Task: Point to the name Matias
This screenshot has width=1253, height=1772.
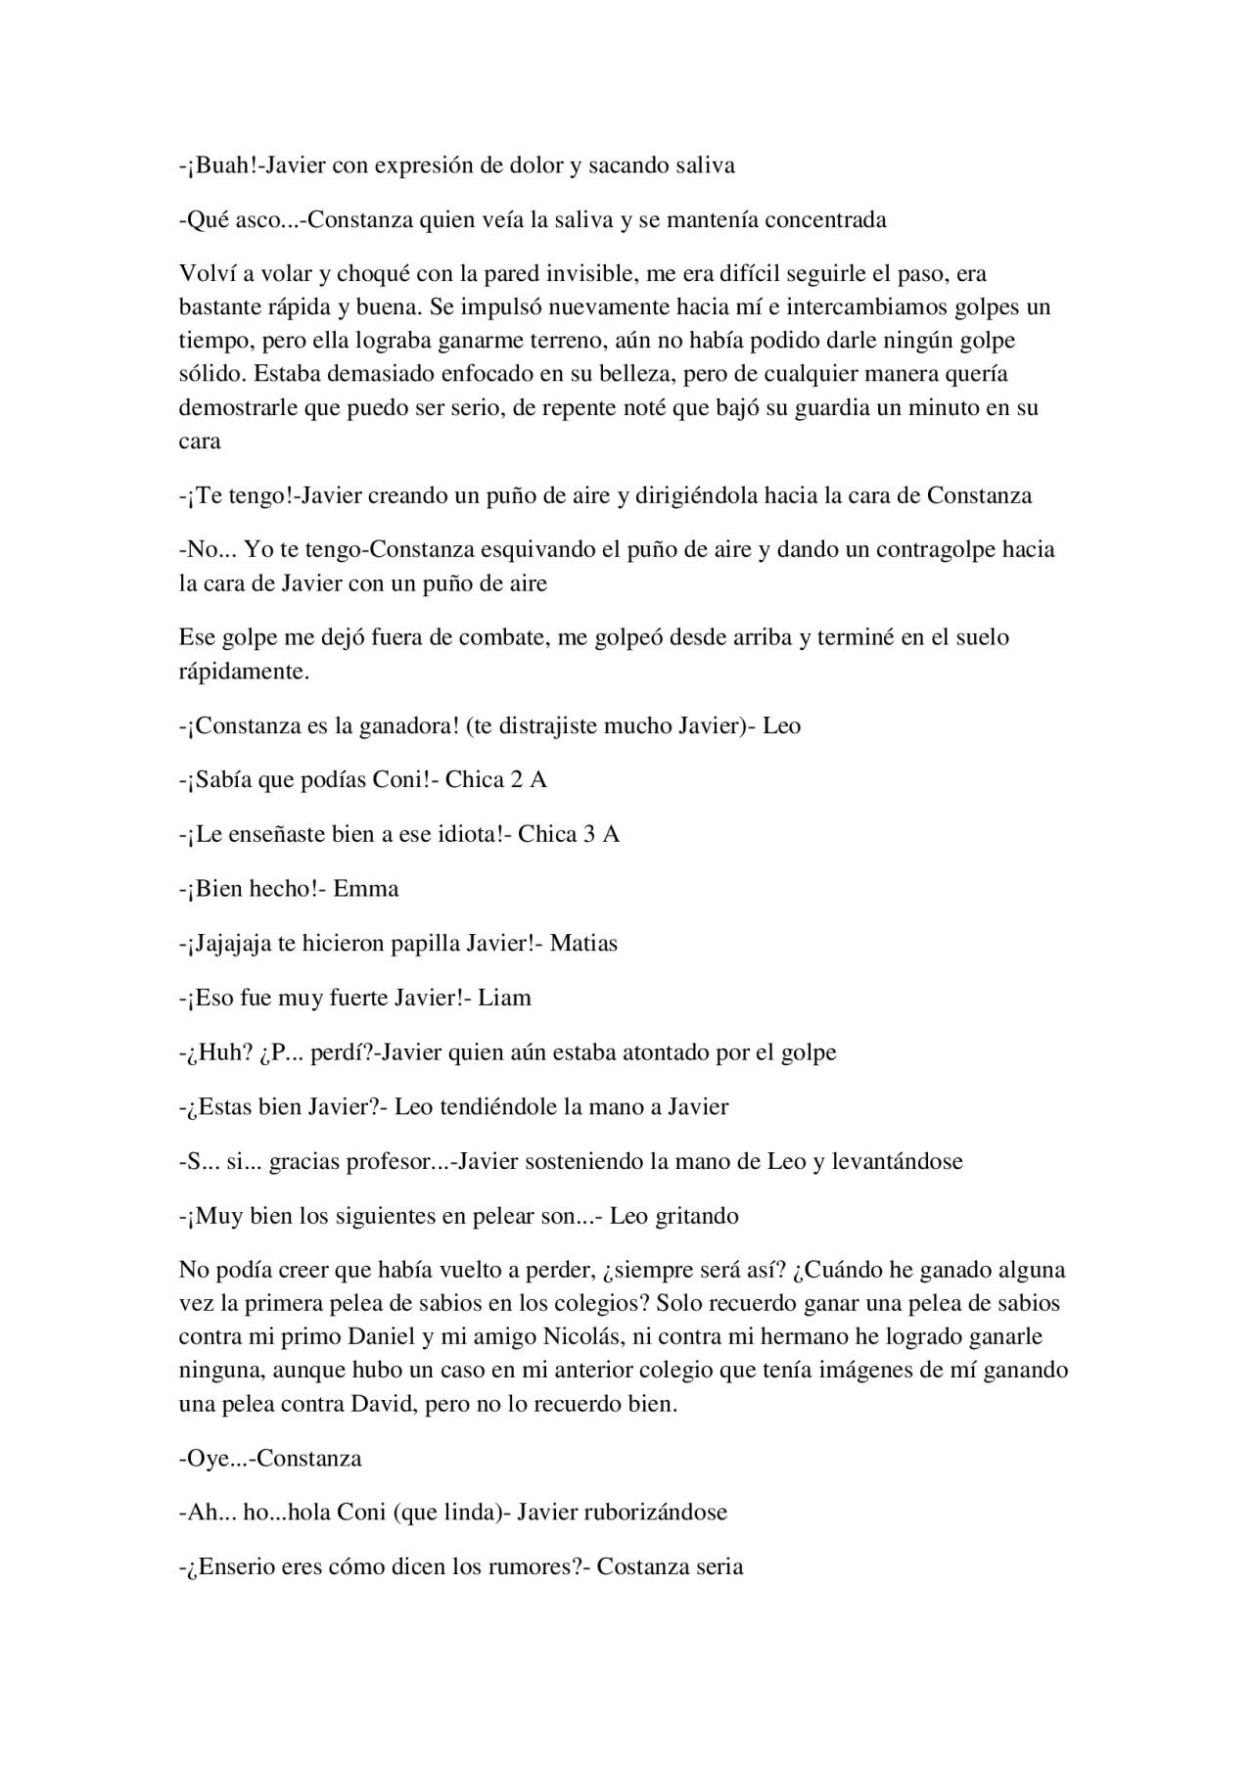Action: click(583, 944)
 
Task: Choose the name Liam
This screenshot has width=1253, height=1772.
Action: click(504, 999)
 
